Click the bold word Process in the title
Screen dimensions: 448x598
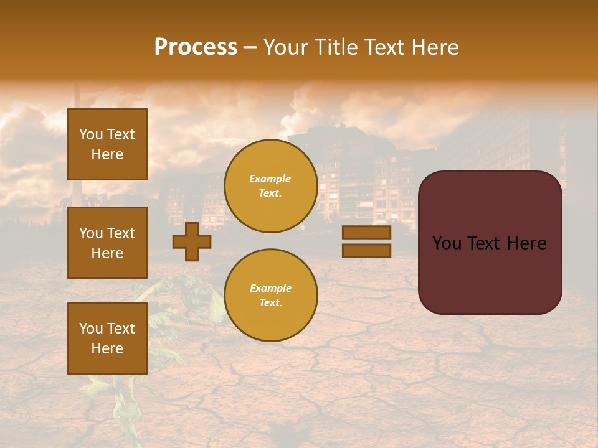point(196,47)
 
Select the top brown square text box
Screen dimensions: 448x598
point(107,144)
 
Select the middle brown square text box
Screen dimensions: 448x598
point(107,243)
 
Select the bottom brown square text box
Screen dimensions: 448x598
point(107,338)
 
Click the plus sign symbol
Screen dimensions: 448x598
point(192,241)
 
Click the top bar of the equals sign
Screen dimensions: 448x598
point(366,233)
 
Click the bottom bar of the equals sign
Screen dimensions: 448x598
point(366,250)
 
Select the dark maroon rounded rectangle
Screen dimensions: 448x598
point(490,274)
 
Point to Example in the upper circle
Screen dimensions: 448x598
point(270,179)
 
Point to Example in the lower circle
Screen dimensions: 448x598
point(270,288)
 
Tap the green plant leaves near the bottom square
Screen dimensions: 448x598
point(187,292)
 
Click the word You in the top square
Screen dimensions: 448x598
point(91,134)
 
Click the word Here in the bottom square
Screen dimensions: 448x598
point(107,348)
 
